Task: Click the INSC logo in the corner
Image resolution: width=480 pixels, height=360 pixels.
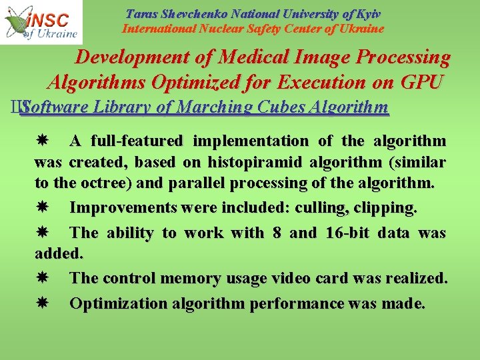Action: (41, 22)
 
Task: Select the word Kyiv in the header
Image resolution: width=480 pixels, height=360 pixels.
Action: (369, 13)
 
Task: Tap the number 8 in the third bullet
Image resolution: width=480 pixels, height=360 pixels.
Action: (277, 233)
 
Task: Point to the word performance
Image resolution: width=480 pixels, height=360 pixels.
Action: (297, 304)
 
